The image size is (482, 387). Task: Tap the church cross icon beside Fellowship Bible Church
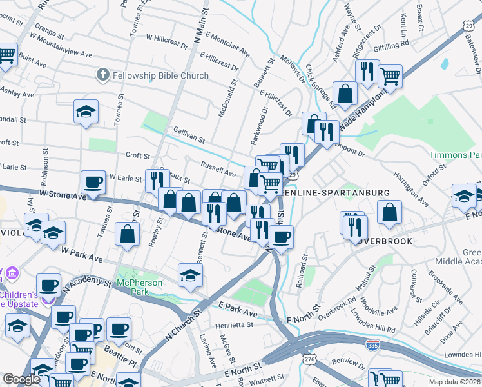tap(102, 75)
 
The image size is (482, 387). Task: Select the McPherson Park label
tap(137, 283)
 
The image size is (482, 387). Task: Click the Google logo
tap(21, 379)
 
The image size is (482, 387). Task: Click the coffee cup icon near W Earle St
tap(93, 183)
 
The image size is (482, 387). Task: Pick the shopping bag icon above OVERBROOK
tap(390, 213)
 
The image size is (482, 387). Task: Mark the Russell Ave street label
tap(218, 172)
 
